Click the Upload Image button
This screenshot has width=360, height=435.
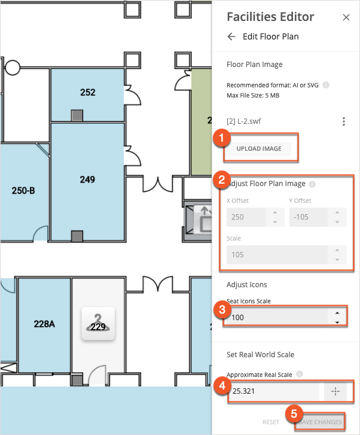pyautogui.click(x=259, y=148)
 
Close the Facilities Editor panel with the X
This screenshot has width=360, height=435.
pyautogui.click(x=346, y=17)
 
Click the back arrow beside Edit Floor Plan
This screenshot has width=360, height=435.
pyautogui.click(x=232, y=36)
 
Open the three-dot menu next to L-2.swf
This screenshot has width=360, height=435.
pyautogui.click(x=344, y=121)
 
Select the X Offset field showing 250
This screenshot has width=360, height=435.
pyautogui.click(x=246, y=217)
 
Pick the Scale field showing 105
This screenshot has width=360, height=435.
pyautogui.click(x=278, y=254)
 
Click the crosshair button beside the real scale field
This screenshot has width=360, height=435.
pyautogui.click(x=335, y=391)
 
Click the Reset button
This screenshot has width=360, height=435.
pyautogui.click(x=271, y=422)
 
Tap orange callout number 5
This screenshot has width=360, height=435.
pyautogui.click(x=294, y=412)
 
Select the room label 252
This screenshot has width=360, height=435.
pyautogui.click(x=88, y=92)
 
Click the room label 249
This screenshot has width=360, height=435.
pyautogui.click(x=88, y=179)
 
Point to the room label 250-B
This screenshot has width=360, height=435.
pyautogui.click(x=23, y=191)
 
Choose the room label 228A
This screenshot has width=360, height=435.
pyautogui.click(x=44, y=324)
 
